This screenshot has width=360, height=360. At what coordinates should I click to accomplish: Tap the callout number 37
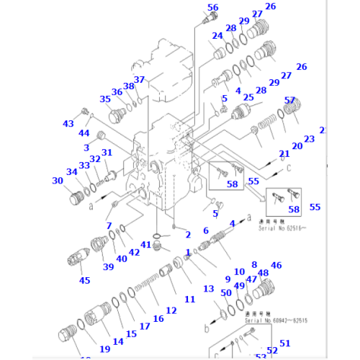click(x=139, y=80)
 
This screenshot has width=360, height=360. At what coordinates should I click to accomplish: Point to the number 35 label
click(x=105, y=99)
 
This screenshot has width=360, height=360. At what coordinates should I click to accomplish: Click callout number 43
click(x=68, y=124)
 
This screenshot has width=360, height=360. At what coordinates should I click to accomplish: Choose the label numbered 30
click(x=58, y=181)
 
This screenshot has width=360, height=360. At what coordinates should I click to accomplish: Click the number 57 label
click(x=289, y=100)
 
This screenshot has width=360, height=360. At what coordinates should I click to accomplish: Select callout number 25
click(x=248, y=97)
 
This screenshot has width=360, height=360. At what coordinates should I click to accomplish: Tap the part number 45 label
click(x=84, y=280)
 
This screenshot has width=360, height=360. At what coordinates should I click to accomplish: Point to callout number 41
click(x=146, y=245)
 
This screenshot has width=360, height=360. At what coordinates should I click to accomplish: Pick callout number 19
click(x=104, y=349)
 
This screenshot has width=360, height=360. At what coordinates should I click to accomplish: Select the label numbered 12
click(x=171, y=310)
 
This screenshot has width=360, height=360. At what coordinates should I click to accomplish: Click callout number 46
click(x=276, y=266)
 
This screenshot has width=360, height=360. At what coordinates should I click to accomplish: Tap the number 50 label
click(x=225, y=292)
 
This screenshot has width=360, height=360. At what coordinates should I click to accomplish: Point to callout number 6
click(x=206, y=230)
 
